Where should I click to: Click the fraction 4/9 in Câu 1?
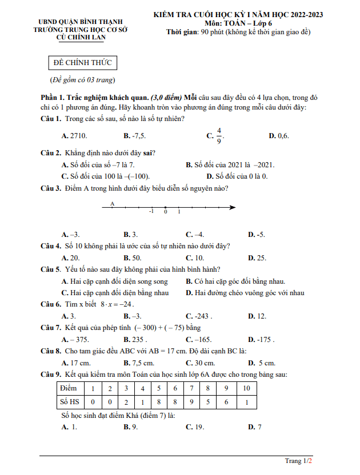coord(219,136)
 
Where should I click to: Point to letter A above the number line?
coord(112,204)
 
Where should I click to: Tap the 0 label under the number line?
coord(165,212)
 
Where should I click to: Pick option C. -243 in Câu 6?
coord(199,316)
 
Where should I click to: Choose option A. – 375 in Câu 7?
coord(75,339)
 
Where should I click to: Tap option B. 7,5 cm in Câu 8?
coord(139,363)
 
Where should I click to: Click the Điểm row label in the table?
coord(69,388)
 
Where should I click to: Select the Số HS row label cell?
coord(70,402)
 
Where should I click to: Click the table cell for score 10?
coord(246,388)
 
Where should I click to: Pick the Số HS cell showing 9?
coord(191,402)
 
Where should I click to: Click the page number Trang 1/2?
coord(299,460)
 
